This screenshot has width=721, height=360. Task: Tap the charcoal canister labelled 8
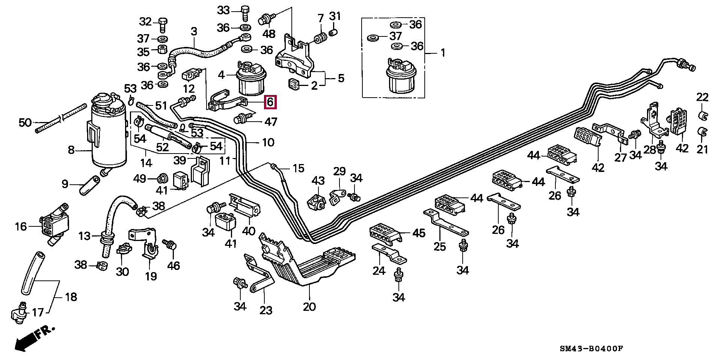coord(109,135)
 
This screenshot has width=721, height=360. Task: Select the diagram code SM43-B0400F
coord(591,349)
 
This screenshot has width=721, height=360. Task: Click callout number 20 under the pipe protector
coord(309,307)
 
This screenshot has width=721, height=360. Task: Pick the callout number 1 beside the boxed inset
coord(443,53)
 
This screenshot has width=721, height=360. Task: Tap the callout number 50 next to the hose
coord(25,122)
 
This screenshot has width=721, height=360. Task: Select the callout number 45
coord(419,233)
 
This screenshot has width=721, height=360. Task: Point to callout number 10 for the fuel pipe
coord(268,142)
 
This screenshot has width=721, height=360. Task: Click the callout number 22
coord(702,97)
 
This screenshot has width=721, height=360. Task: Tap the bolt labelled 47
coord(241,119)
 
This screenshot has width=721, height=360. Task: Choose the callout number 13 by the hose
coord(84,236)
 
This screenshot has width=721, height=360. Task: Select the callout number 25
coord(439,247)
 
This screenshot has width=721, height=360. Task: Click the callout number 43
coord(318,181)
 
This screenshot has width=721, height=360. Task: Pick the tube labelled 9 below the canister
coord(89,186)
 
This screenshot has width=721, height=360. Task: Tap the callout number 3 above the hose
coord(194,32)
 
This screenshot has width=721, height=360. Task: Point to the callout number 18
coord(71,297)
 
